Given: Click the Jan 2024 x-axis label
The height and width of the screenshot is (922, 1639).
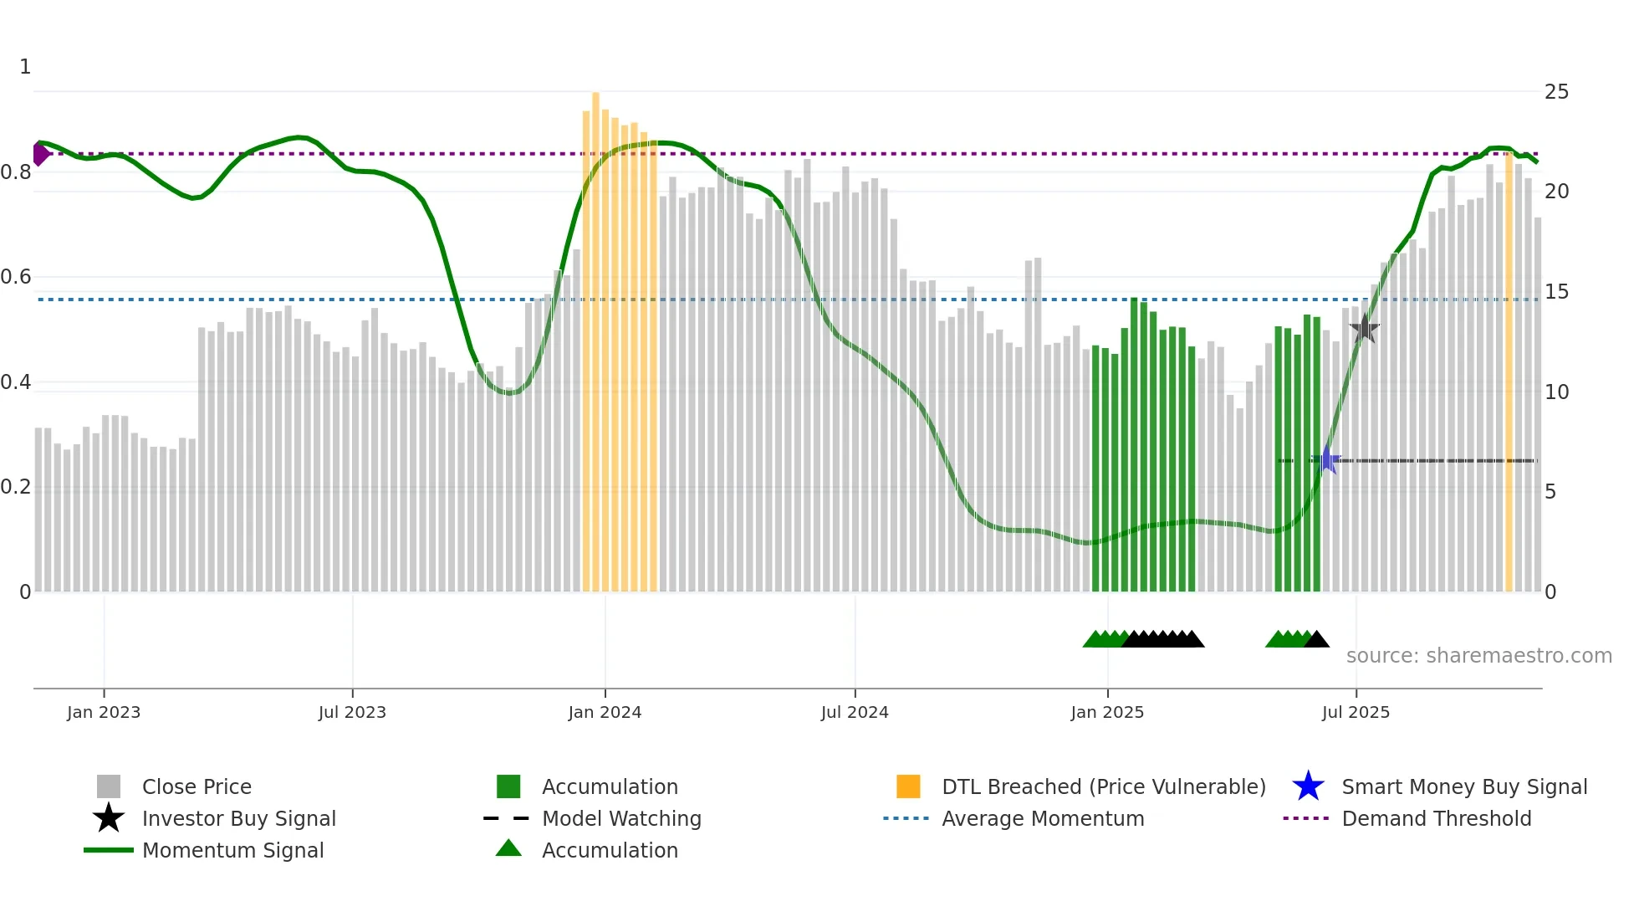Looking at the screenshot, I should point(605,712).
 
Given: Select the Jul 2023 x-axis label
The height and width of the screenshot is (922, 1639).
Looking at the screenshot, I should point(352,712).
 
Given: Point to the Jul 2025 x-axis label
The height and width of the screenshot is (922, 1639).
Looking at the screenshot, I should point(1356,712).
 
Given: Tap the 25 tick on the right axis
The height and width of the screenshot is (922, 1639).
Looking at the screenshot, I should point(1556,92).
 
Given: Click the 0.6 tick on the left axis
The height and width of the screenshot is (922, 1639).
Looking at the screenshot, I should point(17,277).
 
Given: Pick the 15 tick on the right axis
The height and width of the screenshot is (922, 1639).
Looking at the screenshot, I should point(1556,292).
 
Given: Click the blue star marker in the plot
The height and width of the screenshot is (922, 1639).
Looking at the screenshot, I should point(1326,459).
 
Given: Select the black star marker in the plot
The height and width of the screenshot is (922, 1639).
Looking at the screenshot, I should point(1364,329).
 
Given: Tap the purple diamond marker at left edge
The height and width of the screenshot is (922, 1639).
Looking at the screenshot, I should point(39,154).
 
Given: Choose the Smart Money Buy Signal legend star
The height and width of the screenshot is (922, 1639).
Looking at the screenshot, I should point(1308,786).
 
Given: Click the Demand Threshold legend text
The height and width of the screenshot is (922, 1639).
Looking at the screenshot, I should point(1436,818).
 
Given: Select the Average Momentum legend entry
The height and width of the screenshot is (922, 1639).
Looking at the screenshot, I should point(1042,818).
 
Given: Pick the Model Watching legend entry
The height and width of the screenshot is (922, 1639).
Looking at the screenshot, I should point(620,818).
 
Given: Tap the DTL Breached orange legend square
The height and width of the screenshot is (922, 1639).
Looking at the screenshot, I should point(908,786).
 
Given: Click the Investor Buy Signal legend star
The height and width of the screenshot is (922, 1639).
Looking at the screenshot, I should point(109,818).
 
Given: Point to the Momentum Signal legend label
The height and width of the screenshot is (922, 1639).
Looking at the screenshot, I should point(232,850).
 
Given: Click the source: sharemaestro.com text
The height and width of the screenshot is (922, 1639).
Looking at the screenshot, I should point(1478,656).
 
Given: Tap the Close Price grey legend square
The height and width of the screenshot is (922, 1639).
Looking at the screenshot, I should point(109,786).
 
